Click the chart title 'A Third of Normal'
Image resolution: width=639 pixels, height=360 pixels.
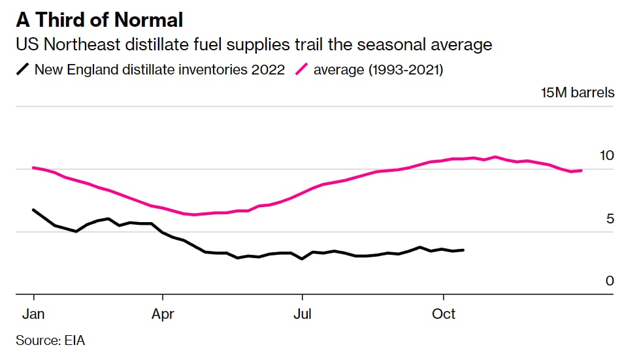99,20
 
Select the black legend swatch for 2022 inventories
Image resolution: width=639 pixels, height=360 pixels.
23,69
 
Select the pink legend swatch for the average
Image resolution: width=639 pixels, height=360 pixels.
302,69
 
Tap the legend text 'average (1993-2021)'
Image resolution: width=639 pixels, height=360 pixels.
378,69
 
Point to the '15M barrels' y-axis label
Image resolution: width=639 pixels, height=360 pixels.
578,93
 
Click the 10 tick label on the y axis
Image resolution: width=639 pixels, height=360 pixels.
607,155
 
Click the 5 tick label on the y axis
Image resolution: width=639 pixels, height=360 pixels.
610,218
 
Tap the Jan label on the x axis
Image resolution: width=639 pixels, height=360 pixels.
33,314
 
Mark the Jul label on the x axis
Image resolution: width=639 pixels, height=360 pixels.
302,314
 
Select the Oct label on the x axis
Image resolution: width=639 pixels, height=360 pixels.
444,314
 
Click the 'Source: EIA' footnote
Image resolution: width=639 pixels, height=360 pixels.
50,340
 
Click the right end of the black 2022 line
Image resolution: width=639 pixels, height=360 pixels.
463,250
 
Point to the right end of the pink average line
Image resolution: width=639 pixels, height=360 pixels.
581,171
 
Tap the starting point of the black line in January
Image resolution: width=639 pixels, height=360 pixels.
33,210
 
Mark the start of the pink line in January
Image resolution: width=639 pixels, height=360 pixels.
33,168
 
